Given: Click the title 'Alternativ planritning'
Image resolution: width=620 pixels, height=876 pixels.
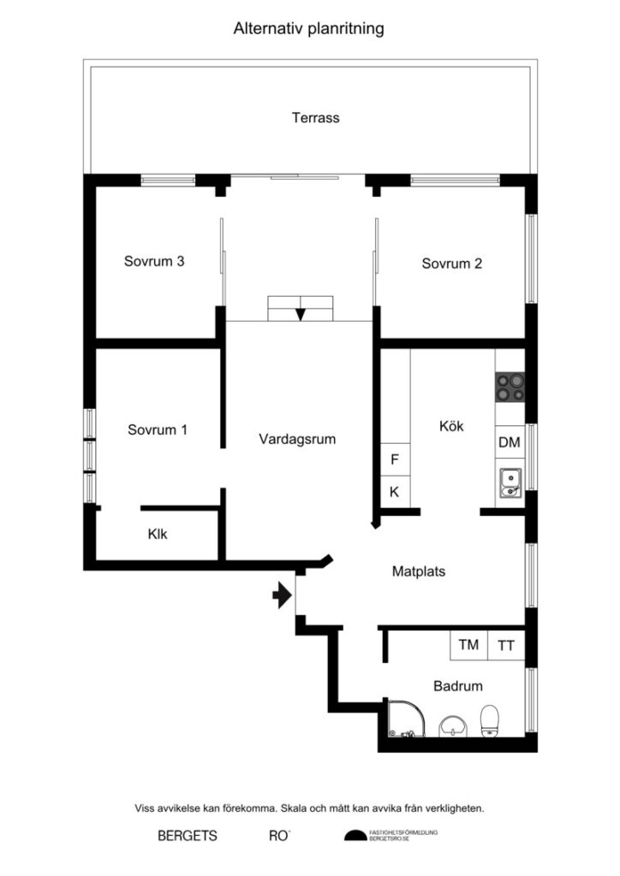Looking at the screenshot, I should pyautogui.click(x=309, y=28).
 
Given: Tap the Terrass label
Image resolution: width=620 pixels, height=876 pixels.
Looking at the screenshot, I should pyautogui.click(x=315, y=118).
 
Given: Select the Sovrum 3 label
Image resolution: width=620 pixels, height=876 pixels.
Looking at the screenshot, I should pyautogui.click(x=154, y=262).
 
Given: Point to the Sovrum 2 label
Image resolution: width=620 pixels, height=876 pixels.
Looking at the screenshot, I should pyautogui.click(x=451, y=263).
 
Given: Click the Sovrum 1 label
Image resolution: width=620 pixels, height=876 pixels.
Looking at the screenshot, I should pyautogui.click(x=158, y=430).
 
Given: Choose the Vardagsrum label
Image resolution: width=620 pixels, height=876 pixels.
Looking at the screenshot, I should pyautogui.click(x=297, y=440).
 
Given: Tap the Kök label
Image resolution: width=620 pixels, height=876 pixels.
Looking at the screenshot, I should pyautogui.click(x=451, y=425).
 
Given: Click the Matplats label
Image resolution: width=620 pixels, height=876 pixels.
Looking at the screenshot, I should pyautogui.click(x=419, y=571).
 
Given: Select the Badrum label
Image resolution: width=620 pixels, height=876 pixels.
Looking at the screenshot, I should pyautogui.click(x=457, y=686).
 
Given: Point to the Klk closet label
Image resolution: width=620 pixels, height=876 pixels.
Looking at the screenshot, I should pyautogui.click(x=158, y=535).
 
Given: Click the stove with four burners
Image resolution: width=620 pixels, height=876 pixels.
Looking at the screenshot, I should pyautogui.click(x=510, y=389).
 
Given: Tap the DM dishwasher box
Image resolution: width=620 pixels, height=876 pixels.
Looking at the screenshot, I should pyautogui.click(x=509, y=442).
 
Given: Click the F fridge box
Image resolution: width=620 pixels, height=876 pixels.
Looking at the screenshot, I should pyautogui.click(x=395, y=459).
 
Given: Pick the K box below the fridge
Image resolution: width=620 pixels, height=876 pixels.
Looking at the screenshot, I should pyautogui.click(x=395, y=492).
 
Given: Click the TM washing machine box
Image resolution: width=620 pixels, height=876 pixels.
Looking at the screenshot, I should pyautogui.click(x=468, y=645).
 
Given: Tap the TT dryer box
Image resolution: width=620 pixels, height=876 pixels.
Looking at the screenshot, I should pyautogui.click(x=506, y=645).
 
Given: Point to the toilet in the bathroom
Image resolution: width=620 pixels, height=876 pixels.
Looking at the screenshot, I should pyautogui.click(x=490, y=721).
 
